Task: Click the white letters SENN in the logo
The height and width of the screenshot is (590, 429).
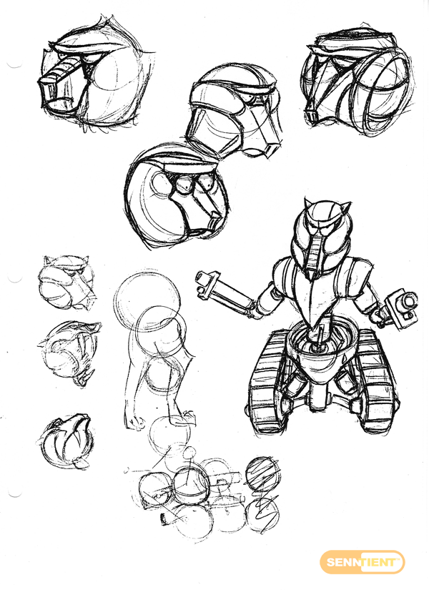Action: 343,563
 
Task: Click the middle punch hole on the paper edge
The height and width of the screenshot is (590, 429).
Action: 15,278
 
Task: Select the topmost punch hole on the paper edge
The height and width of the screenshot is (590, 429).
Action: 15,64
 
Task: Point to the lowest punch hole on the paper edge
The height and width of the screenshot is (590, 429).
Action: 15,493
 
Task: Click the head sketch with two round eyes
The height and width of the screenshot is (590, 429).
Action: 176,197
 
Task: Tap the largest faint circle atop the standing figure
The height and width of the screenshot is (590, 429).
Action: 146,301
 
